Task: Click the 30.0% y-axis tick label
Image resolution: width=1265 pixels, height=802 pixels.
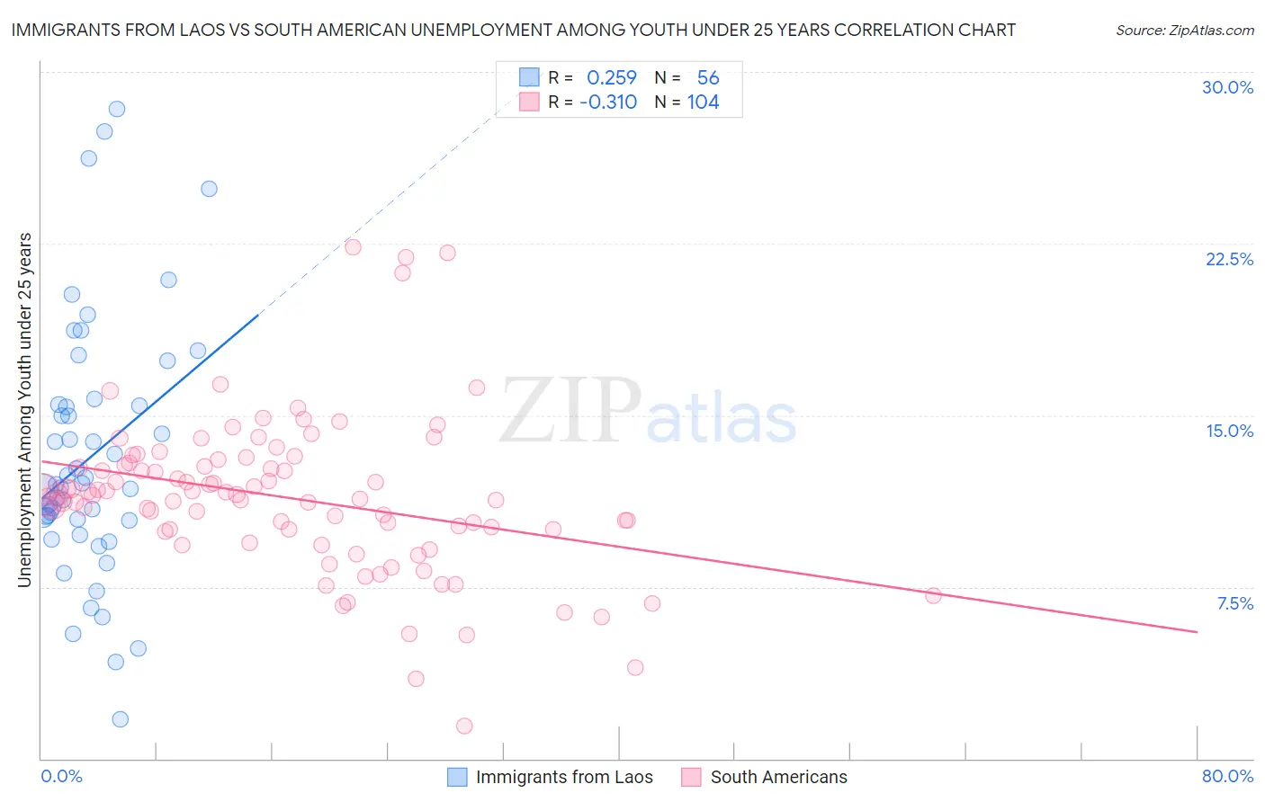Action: pos(1227,87)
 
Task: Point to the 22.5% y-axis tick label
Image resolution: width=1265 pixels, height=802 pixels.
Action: pos(1229,259)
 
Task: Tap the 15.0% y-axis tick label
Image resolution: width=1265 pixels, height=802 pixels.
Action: pos(1229,431)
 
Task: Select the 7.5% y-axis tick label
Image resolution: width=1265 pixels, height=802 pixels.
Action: pos(1234,603)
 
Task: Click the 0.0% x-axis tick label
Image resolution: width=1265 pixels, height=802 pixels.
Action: pos(61,776)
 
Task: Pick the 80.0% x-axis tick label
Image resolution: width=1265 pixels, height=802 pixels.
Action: pos(1227,776)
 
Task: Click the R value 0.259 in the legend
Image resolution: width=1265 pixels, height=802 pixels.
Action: pos(611,78)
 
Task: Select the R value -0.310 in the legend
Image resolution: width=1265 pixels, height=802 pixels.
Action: pos(608,102)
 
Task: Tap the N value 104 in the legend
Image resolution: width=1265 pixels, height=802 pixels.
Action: pos(703,102)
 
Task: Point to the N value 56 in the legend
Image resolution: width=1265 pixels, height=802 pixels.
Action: pos(707,78)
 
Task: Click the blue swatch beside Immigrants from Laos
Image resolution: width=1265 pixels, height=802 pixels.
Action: pos(457,777)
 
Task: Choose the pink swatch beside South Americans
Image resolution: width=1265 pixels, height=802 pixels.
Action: pos(691,777)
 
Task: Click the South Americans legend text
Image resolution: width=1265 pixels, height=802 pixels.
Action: pos(778,777)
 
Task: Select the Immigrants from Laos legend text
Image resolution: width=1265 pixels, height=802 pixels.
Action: pos(564,777)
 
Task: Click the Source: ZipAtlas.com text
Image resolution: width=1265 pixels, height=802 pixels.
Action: pos(1184,30)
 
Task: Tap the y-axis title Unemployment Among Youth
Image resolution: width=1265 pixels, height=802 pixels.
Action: pos(25,410)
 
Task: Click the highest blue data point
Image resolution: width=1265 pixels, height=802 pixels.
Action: pos(116,109)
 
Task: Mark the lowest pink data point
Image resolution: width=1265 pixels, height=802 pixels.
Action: pos(464,726)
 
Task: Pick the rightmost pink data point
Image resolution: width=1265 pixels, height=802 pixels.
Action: pos(933,595)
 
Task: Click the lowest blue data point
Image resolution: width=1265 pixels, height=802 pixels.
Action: pos(120,719)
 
